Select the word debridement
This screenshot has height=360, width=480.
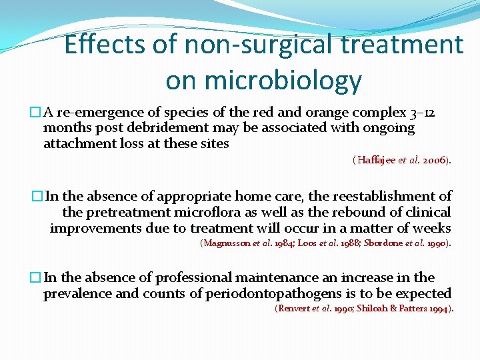(x=174, y=127)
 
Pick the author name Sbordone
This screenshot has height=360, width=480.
(x=383, y=243)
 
